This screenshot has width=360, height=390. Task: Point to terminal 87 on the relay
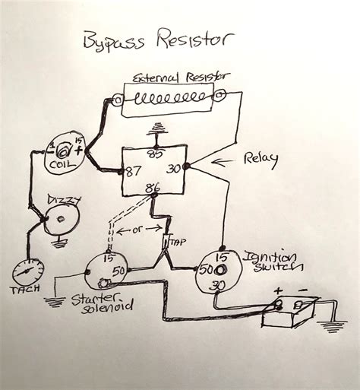pos(134,171)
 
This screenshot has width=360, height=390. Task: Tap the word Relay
pos(260,159)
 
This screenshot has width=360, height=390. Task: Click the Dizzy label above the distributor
pos(62,199)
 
